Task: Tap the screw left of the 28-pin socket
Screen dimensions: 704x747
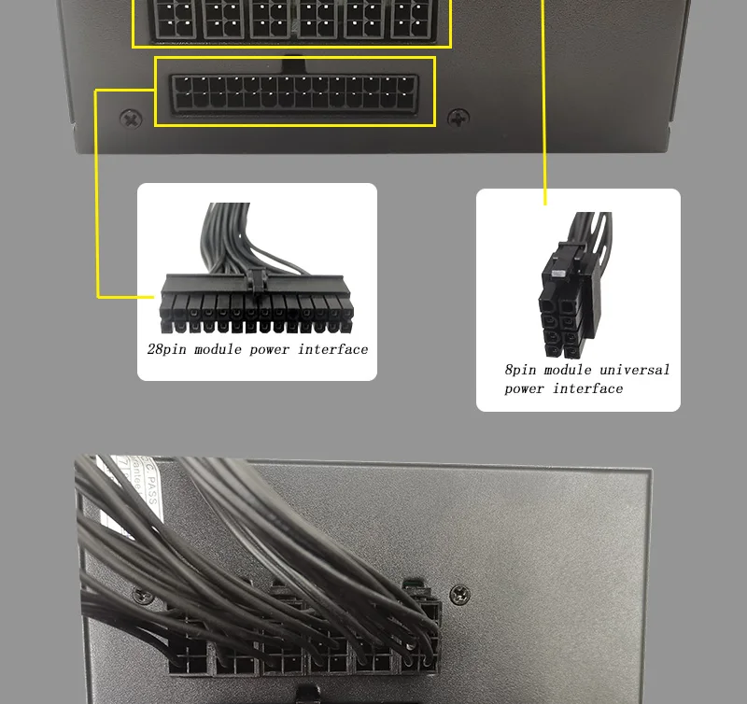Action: pyautogui.click(x=131, y=119)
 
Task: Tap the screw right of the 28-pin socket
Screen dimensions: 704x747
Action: pyautogui.click(x=458, y=119)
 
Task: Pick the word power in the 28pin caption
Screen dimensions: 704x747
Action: pyautogui.click(x=271, y=350)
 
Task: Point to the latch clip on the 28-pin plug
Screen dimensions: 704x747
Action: pyautogui.click(x=257, y=276)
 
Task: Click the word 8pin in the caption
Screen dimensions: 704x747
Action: pyautogui.click(x=521, y=371)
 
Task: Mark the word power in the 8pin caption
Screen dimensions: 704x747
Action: pyautogui.click(x=525, y=389)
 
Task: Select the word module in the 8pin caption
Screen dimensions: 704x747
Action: pyautogui.click(x=569, y=370)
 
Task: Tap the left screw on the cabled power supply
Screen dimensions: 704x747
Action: pyautogui.click(x=140, y=593)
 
